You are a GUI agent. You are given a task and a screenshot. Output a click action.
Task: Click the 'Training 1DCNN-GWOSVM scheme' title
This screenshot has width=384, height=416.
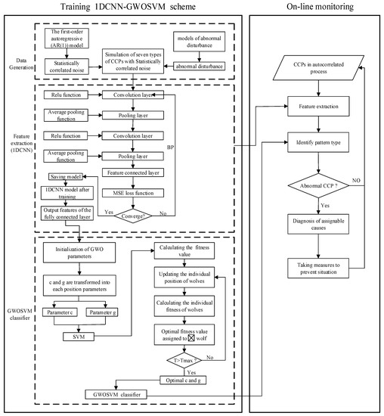[x=119, y=8]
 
